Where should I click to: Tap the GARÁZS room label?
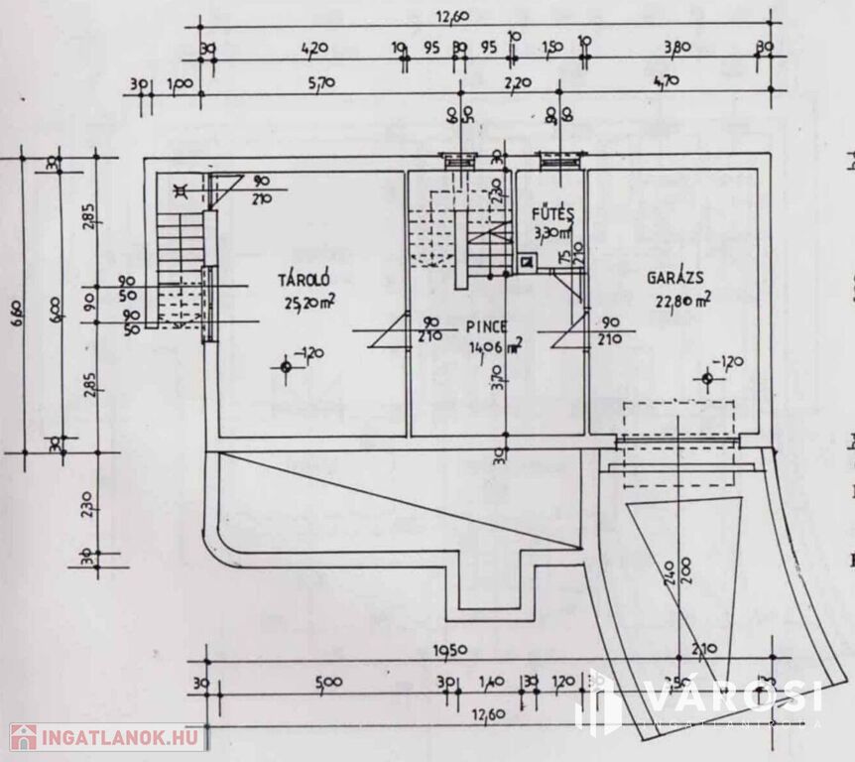[x=676, y=279]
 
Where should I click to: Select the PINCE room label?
[x=485, y=326]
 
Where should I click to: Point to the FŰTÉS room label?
[x=548, y=213]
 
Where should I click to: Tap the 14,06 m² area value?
[x=495, y=346]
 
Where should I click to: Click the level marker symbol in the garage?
[x=706, y=377]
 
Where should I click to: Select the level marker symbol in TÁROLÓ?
[x=287, y=367]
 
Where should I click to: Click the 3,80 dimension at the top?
[x=676, y=47]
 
